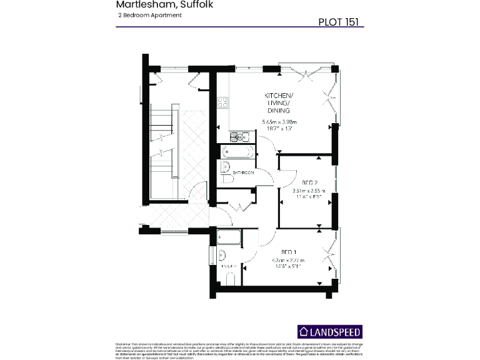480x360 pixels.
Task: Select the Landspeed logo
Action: [x=329, y=332]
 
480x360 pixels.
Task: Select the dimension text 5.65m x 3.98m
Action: [x=278, y=122]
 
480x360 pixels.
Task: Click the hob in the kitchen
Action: [x=222, y=102]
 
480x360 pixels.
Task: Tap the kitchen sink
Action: [x=240, y=137]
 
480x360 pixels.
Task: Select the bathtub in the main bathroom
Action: [x=236, y=152]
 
